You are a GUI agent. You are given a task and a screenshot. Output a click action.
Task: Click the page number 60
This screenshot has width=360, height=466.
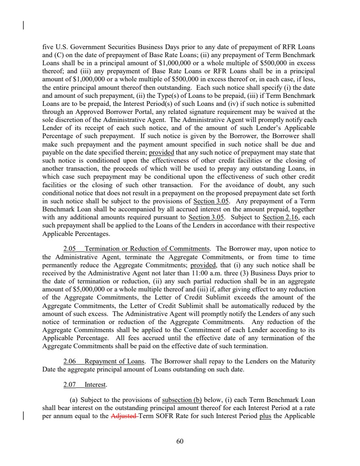[x=179, y=441]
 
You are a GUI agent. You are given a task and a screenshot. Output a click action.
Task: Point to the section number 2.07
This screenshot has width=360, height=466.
[x=70, y=385]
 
